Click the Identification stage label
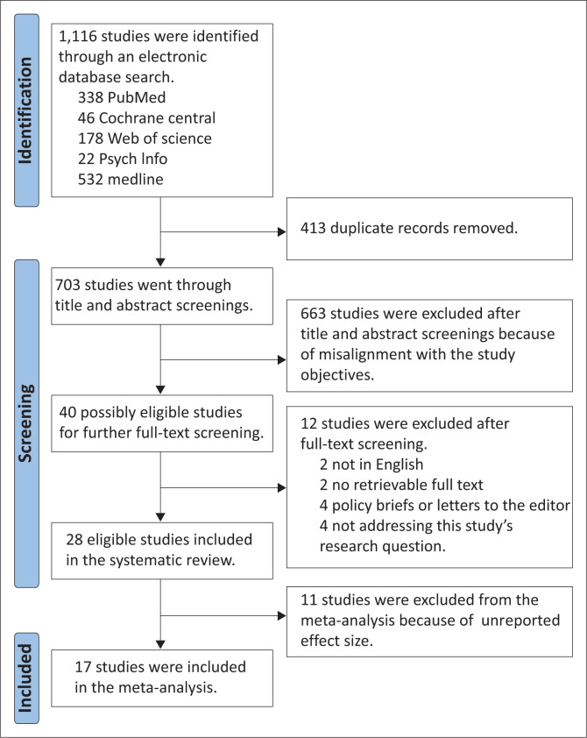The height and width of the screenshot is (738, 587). pyautogui.click(x=25, y=110)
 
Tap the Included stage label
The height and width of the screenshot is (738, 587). pyautogui.click(x=25, y=678)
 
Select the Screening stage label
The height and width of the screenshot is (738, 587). pyautogui.click(x=25, y=423)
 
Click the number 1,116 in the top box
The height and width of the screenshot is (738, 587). pyautogui.click(x=78, y=37)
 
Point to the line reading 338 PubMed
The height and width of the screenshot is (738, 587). pyautogui.click(x=122, y=97)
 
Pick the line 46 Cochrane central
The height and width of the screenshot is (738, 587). pyautogui.click(x=147, y=117)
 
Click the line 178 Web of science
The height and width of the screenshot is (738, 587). pyautogui.click(x=145, y=138)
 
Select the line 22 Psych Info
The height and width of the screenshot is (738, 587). pyautogui.click(x=123, y=159)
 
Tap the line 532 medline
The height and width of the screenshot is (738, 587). pyautogui.click(x=121, y=180)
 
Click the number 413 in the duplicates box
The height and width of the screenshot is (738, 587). pyautogui.click(x=314, y=228)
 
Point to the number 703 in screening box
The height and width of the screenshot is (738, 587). pyautogui.click(x=67, y=285)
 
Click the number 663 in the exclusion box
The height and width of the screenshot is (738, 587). pyautogui.click(x=314, y=314)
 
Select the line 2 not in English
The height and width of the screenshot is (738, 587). pyautogui.click(x=371, y=465)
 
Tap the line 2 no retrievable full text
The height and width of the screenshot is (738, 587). pyautogui.click(x=401, y=485)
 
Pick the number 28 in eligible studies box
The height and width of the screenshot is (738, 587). pyautogui.click(x=74, y=539)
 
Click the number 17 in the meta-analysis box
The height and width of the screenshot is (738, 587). pyautogui.click(x=82, y=667)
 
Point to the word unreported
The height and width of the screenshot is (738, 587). pyautogui.click(x=520, y=621)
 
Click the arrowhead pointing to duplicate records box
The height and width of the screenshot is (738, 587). pyautogui.click(x=282, y=231)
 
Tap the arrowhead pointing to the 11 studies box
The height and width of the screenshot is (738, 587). pyautogui.click(x=282, y=615)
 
